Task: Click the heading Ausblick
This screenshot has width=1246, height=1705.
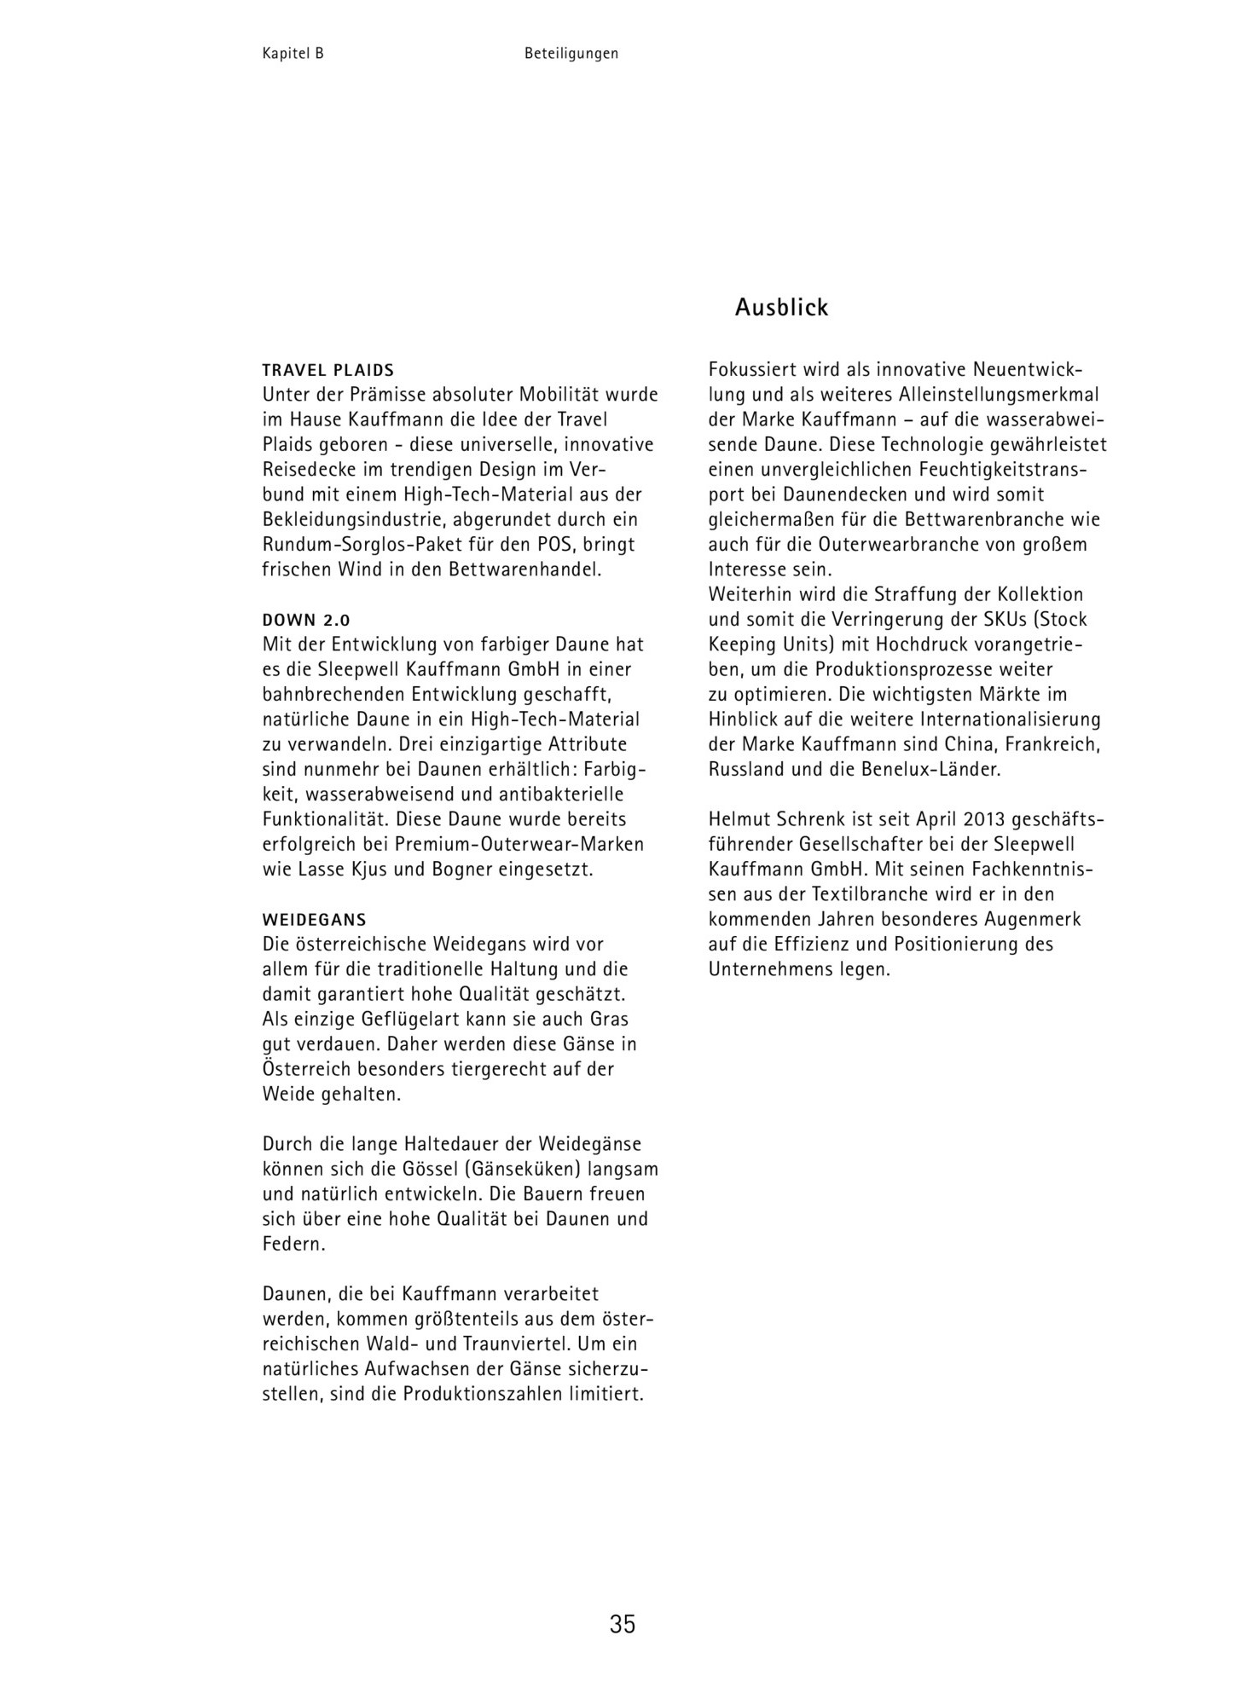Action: [781, 308]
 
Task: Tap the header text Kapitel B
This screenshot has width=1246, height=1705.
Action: [293, 54]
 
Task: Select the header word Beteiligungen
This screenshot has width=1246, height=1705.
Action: [571, 54]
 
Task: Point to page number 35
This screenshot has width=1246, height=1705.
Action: [623, 1624]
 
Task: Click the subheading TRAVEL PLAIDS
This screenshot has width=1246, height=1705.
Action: [328, 371]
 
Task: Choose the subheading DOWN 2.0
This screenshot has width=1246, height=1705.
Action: [306, 621]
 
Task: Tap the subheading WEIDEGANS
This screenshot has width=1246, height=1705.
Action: [314, 921]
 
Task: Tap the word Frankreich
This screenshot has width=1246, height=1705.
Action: [1053, 745]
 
